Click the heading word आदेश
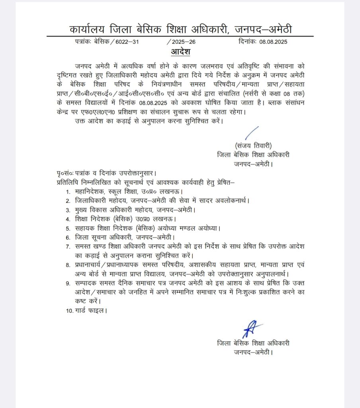coord(180,52)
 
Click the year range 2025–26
coord(182,41)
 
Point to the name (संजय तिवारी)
coord(253,145)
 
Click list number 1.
coord(68,192)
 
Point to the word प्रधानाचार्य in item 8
coord(90,265)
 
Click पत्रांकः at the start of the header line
coord(84,41)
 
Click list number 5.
coord(68,228)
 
